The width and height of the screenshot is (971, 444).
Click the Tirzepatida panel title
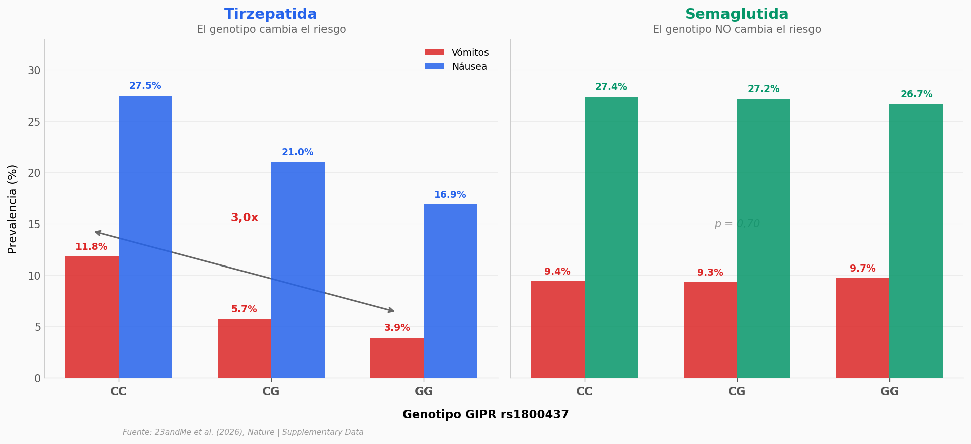tap(271, 14)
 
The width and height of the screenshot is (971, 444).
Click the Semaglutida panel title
tap(737, 14)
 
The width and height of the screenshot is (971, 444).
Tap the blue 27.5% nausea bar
tap(145, 236)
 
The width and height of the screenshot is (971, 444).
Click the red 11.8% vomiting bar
tap(92, 317)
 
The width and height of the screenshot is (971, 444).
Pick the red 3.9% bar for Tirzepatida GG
tap(397, 358)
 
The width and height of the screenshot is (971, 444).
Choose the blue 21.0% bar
tap(298, 270)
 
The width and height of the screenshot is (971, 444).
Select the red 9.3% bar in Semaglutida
tap(710, 330)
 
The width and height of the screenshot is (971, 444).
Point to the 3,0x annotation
tap(245, 218)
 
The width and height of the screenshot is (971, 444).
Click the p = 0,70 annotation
tap(737, 224)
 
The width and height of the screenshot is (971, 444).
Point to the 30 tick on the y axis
tap(34, 71)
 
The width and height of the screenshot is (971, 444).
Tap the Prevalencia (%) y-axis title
tap(13, 209)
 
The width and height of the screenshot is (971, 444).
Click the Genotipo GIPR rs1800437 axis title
tap(486, 415)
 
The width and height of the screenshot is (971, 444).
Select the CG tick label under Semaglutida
tap(737, 392)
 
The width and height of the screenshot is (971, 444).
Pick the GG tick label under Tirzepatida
tap(424, 392)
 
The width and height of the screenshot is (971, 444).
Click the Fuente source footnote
tap(243, 432)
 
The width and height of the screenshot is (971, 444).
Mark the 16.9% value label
tap(450, 195)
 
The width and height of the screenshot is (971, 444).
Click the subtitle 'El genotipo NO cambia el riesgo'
tap(737, 30)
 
